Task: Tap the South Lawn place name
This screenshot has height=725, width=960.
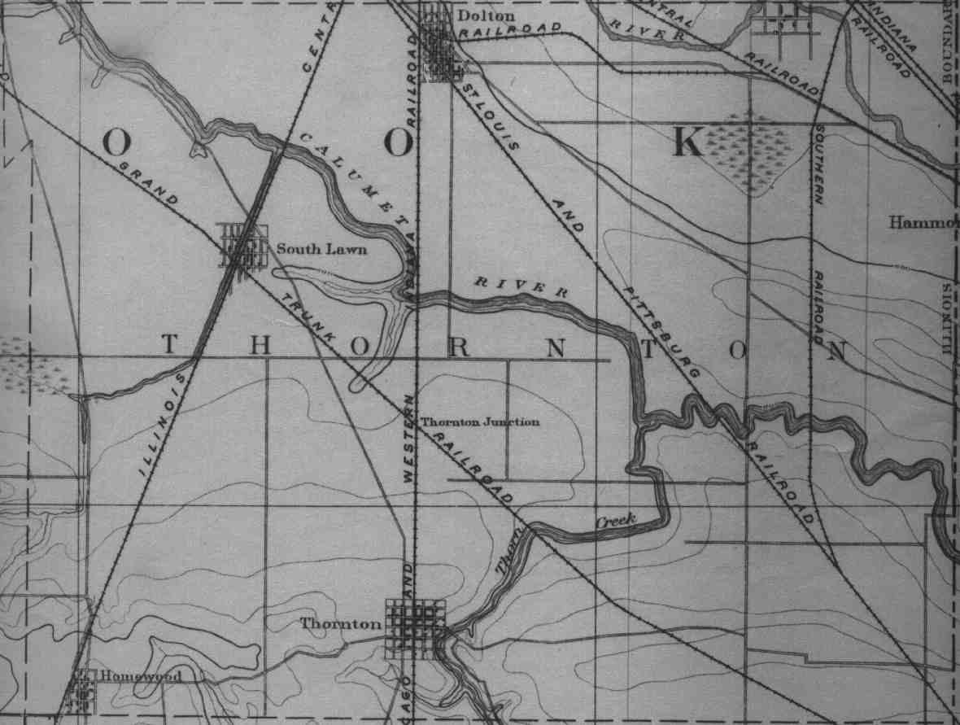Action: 321,249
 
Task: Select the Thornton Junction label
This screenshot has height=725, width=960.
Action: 480,422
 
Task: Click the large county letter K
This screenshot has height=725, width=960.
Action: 686,143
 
